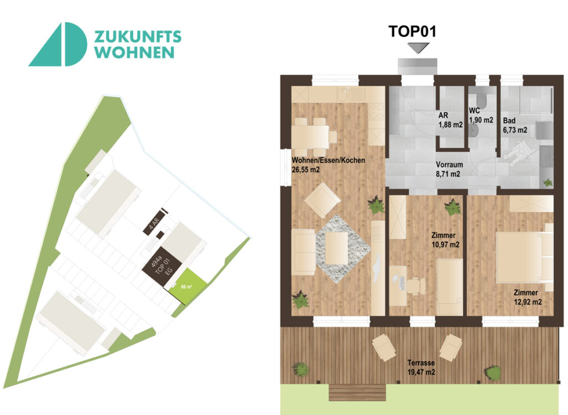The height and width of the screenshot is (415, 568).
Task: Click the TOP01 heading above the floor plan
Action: [412, 31]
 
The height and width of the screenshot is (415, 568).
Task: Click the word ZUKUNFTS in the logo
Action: [138, 37]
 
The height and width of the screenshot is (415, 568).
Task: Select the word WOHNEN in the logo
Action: [134, 53]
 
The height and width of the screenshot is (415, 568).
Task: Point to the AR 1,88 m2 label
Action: [450, 120]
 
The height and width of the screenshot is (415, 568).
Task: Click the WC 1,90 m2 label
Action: [480, 115]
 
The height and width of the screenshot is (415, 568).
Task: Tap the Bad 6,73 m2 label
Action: [514, 125]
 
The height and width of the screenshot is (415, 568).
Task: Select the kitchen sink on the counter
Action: [353, 94]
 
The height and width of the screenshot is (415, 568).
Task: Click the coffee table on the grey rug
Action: [336, 247]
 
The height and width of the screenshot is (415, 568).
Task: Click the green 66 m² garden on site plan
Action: [187, 286]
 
